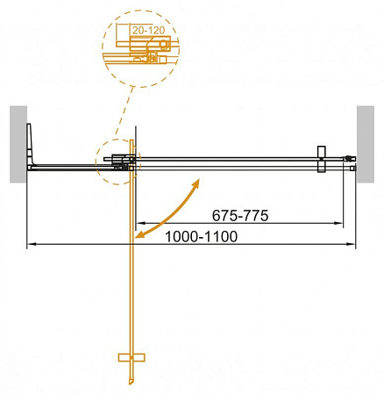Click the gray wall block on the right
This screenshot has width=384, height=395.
click(369, 144)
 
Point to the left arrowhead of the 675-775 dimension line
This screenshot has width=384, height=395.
click(138, 224)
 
